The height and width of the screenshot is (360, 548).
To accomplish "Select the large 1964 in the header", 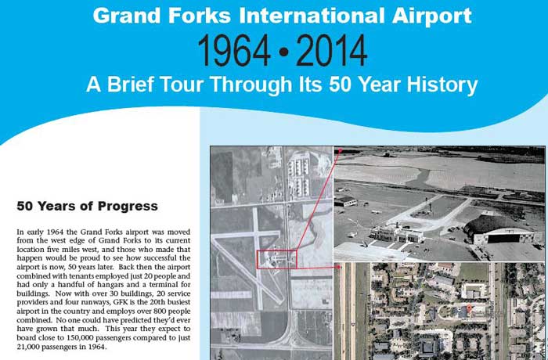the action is (234, 51).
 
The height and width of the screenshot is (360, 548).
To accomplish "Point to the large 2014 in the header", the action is (331, 51).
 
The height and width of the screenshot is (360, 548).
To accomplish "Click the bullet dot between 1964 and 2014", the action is (283, 52).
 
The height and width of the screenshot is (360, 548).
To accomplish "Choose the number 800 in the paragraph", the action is (162, 311).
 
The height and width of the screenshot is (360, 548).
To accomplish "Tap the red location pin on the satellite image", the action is (469, 308).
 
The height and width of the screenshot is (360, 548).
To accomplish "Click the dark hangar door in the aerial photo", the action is (503, 239).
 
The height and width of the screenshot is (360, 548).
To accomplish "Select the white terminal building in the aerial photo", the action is (397, 233).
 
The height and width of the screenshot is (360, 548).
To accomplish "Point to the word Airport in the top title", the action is (432, 16).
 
